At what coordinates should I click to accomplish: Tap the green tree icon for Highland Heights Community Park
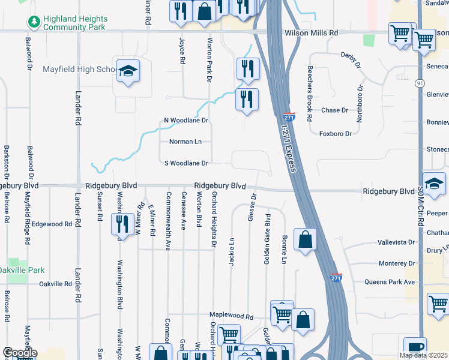[34, 23]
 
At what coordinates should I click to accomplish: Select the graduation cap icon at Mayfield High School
[128, 71]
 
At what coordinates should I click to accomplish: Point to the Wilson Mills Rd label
[311, 33]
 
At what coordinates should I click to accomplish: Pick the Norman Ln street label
[185, 142]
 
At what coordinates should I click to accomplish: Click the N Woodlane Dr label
[185, 121]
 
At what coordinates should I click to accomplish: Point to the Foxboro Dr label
[335, 134]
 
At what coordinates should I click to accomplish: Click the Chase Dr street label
[334, 110]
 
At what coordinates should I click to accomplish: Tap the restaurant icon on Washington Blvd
[122, 224]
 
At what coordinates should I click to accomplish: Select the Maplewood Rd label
[231, 316]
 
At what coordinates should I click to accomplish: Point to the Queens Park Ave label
[390, 282]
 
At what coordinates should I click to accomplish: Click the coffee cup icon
[415, 347]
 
